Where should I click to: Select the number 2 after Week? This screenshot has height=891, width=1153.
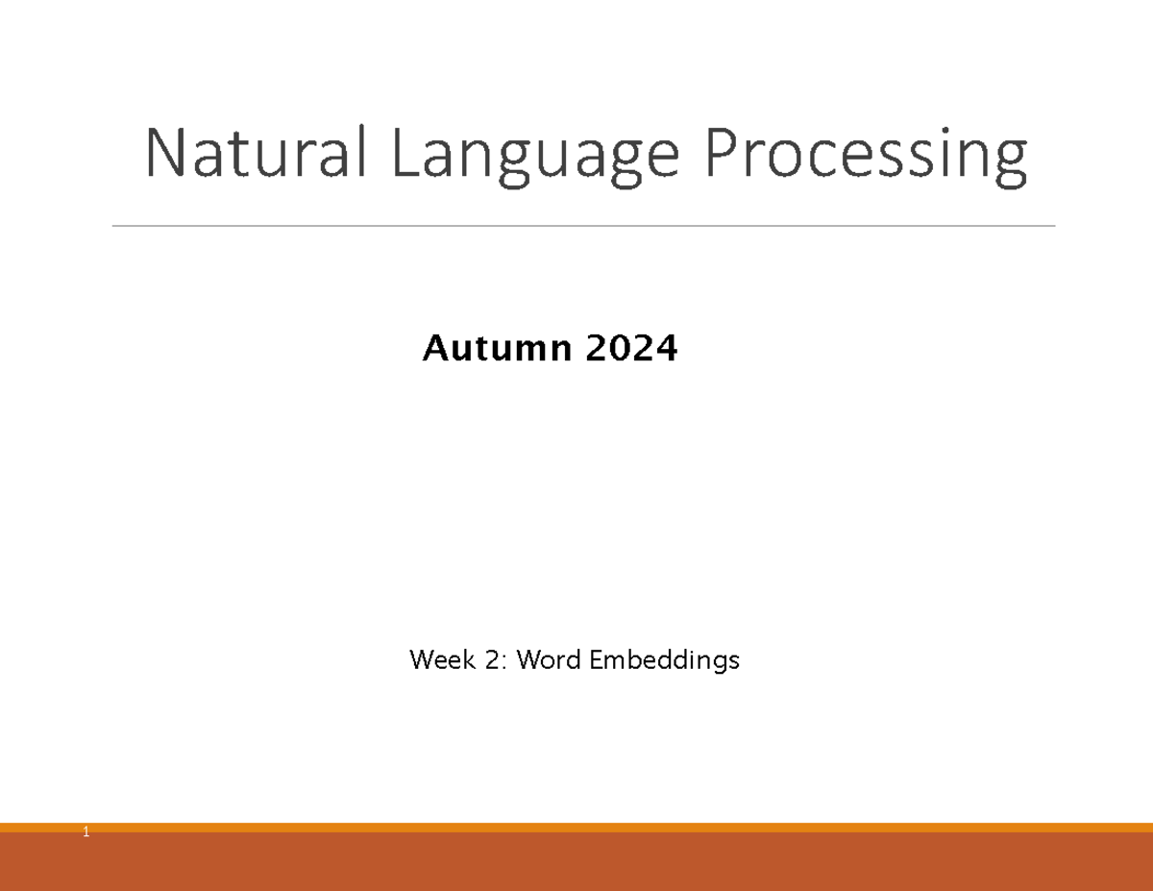(498, 659)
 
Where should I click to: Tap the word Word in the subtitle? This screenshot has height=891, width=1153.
(549, 659)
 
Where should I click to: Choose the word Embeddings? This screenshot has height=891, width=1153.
(664, 661)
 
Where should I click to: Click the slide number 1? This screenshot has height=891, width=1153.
(86, 832)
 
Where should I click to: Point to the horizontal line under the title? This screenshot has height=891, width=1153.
(583, 226)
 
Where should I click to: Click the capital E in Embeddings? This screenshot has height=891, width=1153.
(595, 659)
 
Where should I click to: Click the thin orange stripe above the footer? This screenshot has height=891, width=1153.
(576, 827)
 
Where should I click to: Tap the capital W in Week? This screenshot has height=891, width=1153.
(420, 659)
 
